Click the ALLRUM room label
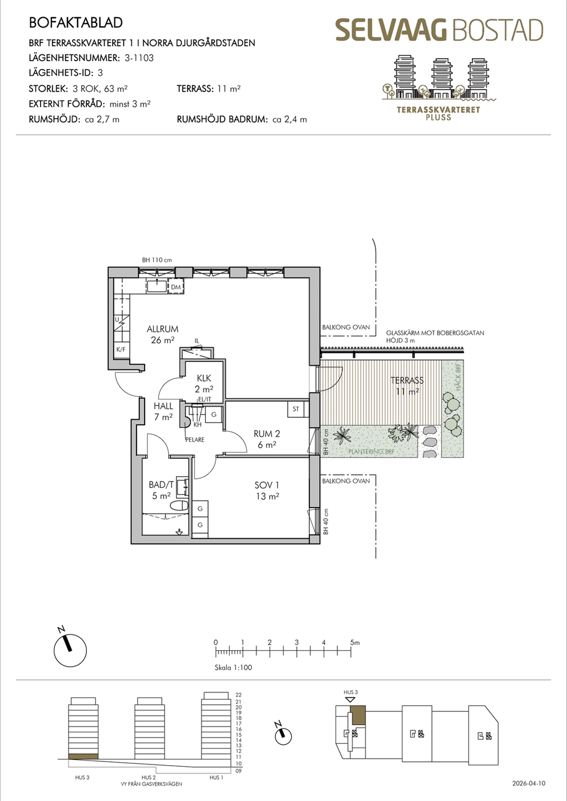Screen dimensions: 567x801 pos(162,329)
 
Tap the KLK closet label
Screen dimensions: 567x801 pos(204,378)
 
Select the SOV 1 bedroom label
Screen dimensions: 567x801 pos(267,485)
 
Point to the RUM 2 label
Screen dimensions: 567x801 pos(267,434)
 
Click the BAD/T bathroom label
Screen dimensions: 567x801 pos(161,485)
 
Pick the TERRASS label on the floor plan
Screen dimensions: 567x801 pos(407,380)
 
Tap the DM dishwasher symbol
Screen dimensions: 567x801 pos(175,287)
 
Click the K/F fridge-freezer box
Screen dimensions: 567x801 pos(121,349)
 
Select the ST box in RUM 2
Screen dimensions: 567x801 pos(296,409)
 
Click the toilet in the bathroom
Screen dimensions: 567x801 pos(179,506)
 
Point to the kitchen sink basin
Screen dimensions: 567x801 pos(157,286)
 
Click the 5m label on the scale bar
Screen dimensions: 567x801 pos(355,643)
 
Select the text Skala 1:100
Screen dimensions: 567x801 pos(233,667)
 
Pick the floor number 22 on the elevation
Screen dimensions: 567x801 pos(238,695)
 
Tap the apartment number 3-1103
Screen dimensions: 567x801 pos(139,58)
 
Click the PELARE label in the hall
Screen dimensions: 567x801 pos(195,440)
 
